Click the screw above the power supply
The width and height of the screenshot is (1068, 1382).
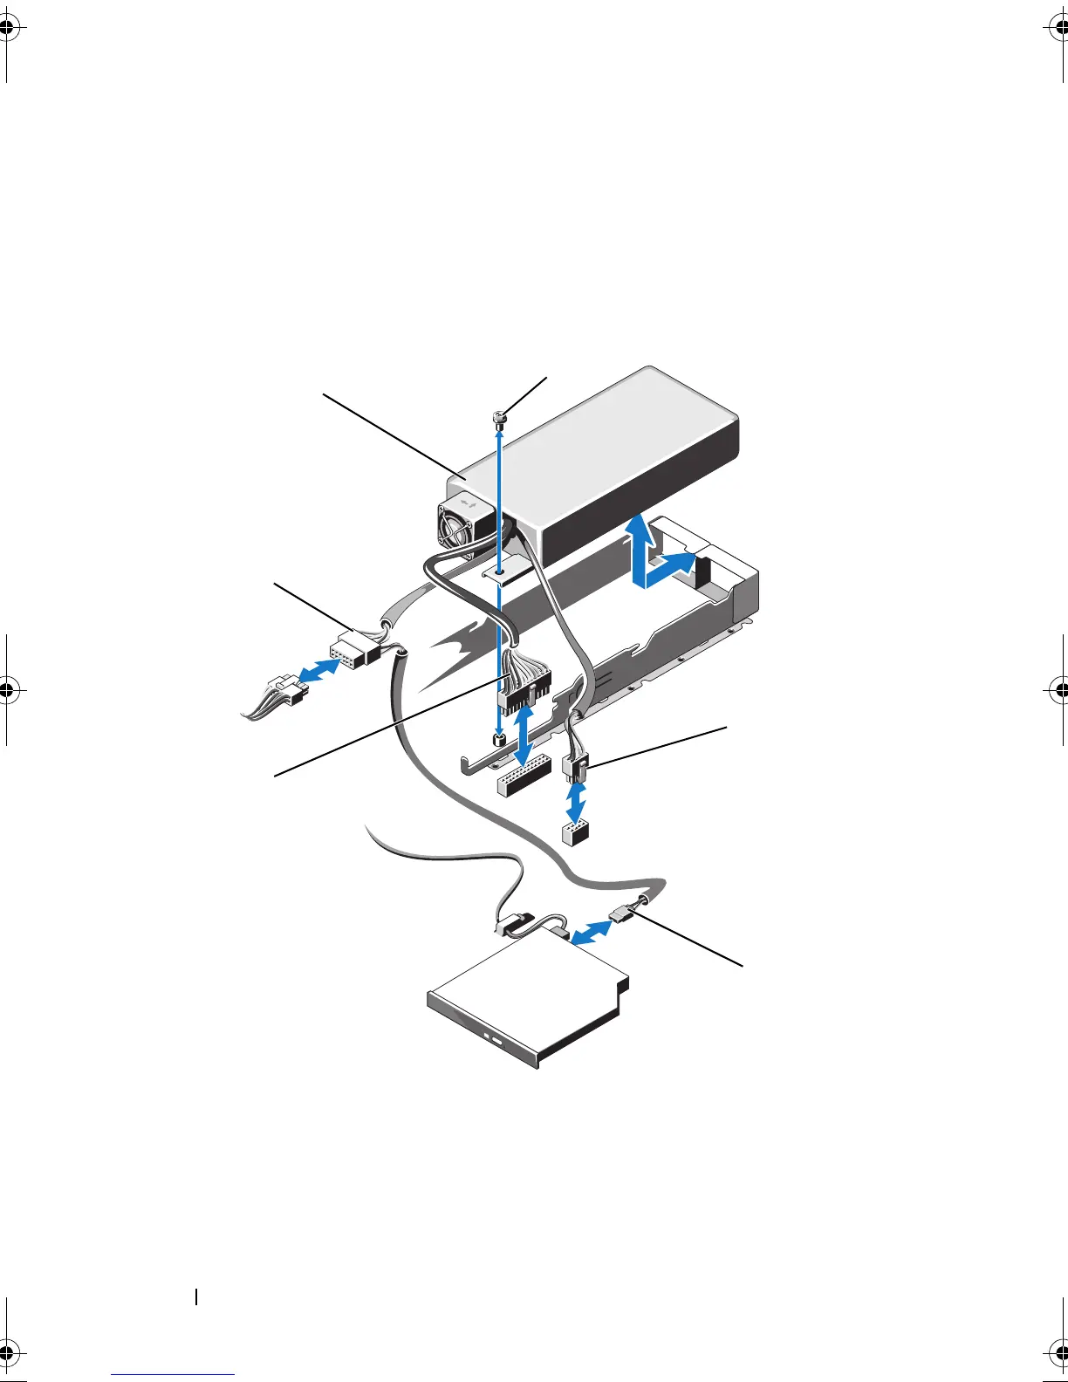click(x=498, y=420)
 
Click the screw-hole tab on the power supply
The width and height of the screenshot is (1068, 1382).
click(x=500, y=571)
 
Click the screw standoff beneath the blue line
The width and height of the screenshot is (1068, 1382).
click(x=498, y=741)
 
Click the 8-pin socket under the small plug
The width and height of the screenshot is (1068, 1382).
click(x=573, y=832)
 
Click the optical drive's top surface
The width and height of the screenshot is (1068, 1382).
click(x=524, y=986)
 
